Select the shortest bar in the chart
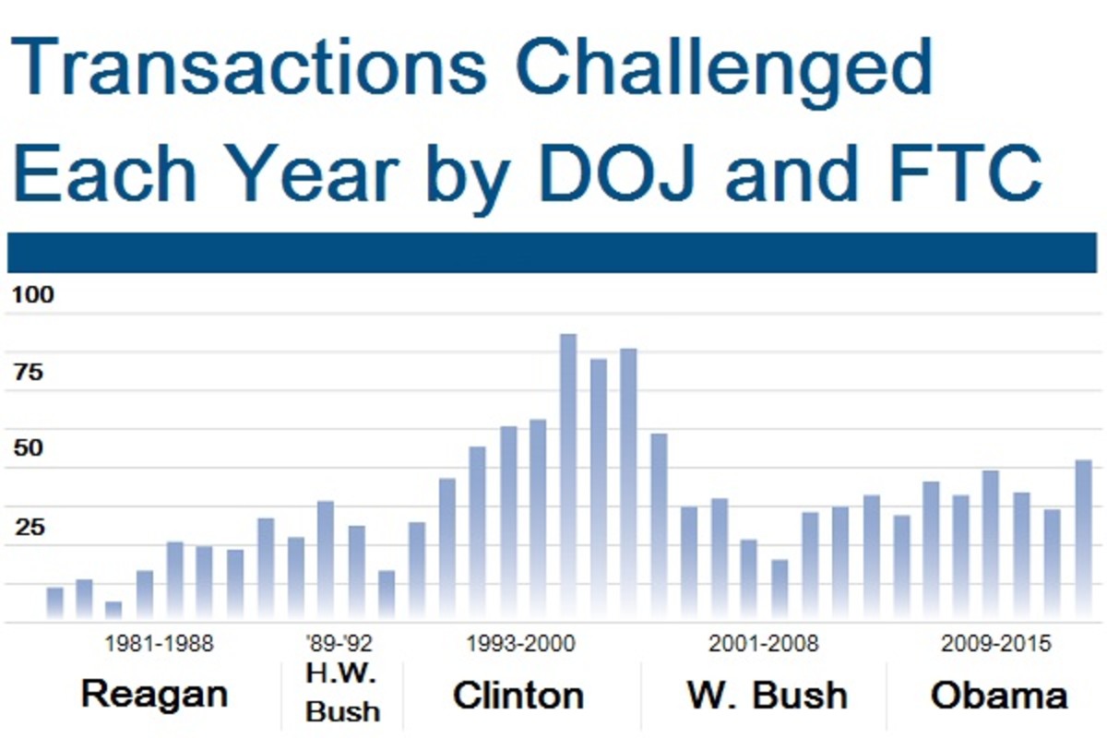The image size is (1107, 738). pyautogui.click(x=113, y=611)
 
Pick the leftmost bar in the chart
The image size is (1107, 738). pyautogui.click(x=54, y=604)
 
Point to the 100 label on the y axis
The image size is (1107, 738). pyautogui.click(x=33, y=296)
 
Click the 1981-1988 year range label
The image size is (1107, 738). pyautogui.click(x=159, y=644)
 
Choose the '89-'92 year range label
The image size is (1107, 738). pyautogui.click(x=339, y=644)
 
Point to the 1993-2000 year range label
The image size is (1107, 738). pyautogui.click(x=520, y=644)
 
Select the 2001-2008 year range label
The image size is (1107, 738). pyautogui.click(x=763, y=644)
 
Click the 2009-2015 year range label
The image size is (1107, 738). pyautogui.click(x=995, y=644)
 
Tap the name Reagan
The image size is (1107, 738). pyautogui.click(x=154, y=695)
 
